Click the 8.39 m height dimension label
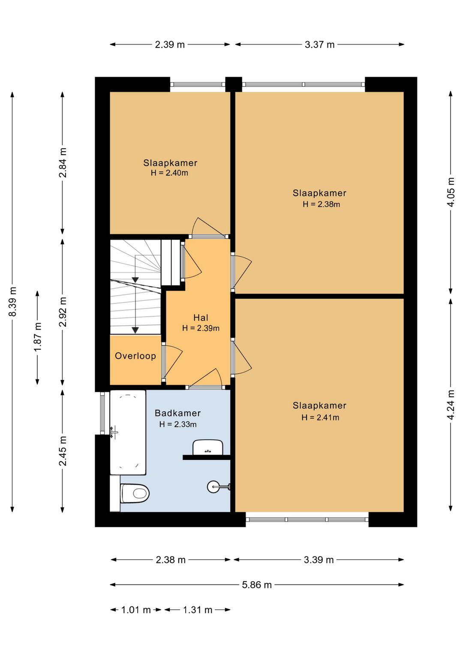(12, 302)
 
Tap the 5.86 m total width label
(257, 585)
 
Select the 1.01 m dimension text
(136, 610)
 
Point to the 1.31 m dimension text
(198, 610)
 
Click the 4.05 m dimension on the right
(451, 192)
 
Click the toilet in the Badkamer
(135, 493)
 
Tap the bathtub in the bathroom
(128, 432)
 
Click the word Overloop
(135, 356)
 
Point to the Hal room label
(201, 318)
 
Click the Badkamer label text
(177, 413)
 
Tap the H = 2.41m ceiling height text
(320, 417)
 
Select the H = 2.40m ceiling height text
(169, 173)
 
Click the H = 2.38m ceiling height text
(321, 204)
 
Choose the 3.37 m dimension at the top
(319, 45)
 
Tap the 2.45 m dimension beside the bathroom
(63, 451)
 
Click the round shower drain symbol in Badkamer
(213, 487)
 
